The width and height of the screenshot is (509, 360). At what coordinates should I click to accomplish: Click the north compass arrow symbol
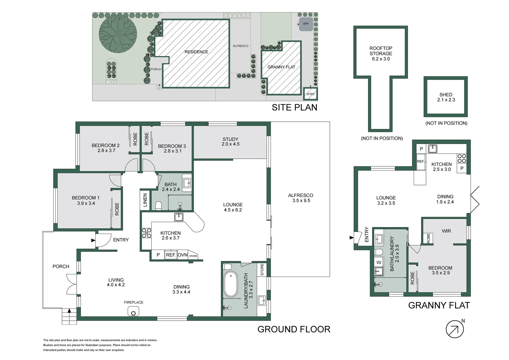click(x=454, y=329)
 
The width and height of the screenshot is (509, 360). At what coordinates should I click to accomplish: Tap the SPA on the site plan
click(x=305, y=24)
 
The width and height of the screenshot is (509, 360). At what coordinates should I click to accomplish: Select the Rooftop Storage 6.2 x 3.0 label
click(x=381, y=53)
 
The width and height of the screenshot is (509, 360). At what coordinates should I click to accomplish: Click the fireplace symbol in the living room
click(x=133, y=311)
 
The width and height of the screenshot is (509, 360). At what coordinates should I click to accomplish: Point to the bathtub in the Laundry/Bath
click(x=231, y=284)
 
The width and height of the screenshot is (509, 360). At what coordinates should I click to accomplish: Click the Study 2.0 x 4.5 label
click(x=231, y=141)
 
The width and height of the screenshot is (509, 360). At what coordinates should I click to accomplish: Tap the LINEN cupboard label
click(x=145, y=200)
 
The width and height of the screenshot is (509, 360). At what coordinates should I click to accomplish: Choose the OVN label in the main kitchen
click(x=183, y=255)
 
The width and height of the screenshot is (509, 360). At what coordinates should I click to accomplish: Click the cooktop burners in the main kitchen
click(x=147, y=233)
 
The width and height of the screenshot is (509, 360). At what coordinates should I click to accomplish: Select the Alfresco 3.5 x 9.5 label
click(x=301, y=198)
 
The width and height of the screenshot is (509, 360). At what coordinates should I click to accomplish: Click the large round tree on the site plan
click(x=118, y=34)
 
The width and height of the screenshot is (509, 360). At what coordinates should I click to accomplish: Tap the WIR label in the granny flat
click(x=446, y=231)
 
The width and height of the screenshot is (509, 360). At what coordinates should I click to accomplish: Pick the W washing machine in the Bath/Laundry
click(x=378, y=262)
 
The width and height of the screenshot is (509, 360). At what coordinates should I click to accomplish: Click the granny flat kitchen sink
click(x=433, y=149)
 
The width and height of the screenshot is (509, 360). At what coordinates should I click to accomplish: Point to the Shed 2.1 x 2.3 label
click(x=446, y=97)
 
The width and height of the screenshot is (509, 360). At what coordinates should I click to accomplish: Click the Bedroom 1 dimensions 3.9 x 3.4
click(x=86, y=203)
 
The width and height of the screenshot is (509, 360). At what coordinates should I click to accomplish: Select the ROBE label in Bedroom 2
click(x=135, y=139)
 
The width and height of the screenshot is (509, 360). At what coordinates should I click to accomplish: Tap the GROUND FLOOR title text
click(x=294, y=329)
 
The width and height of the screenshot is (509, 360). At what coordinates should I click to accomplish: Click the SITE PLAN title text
click(x=294, y=108)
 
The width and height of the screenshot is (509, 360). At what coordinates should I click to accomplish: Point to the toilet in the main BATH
click(x=158, y=206)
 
